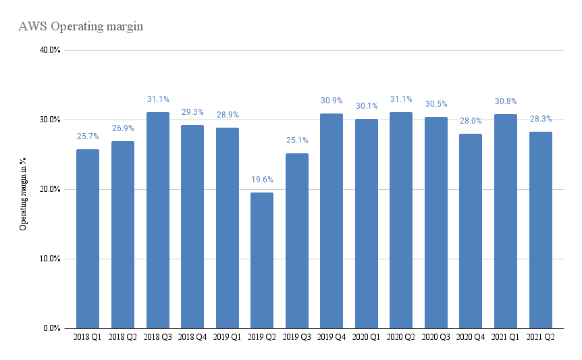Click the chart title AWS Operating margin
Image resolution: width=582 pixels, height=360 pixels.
pos(80,27)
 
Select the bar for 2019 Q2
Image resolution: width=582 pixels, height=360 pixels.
pos(262,261)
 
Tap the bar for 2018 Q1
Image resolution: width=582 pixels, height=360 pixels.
pos(88,239)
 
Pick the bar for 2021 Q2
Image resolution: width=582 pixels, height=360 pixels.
pos(541,230)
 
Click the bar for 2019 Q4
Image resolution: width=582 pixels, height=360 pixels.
pos(332,221)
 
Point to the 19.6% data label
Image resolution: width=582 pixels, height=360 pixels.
pos(262,180)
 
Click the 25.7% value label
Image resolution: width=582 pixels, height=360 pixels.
pos(88,136)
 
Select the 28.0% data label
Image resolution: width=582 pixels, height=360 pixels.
pos(471,121)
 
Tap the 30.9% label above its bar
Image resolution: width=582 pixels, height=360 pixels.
pos(332,101)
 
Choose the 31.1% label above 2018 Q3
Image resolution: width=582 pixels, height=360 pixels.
pos(158,99)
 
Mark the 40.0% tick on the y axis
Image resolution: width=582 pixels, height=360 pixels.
pos(50,50)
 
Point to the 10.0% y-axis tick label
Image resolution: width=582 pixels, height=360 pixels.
pos(50,259)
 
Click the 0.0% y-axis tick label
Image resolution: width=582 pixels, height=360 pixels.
pos(51,328)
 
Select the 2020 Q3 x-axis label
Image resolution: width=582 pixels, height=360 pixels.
pos(435,337)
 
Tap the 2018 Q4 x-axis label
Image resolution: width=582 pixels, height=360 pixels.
pos(192,337)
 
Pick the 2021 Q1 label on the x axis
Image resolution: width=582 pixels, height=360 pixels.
pos(505,337)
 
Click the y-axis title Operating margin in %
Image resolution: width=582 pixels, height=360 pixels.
pos(23,194)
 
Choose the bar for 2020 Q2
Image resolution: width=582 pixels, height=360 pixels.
pos(401,220)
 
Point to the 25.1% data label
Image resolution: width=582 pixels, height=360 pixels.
pos(297,140)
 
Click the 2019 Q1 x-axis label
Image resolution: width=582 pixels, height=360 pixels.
pos(227,337)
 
